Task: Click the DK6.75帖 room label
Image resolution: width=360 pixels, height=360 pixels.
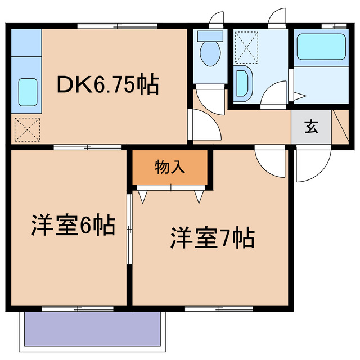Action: pos(107,85)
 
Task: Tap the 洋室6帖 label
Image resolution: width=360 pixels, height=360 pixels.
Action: pos(73,225)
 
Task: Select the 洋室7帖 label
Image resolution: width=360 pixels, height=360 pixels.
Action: pos(213,238)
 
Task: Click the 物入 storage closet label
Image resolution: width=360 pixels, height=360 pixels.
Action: pos(170,167)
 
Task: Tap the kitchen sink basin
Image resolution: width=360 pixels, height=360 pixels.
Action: pos(28,92)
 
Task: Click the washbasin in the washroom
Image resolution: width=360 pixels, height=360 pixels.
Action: pos(244,83)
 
